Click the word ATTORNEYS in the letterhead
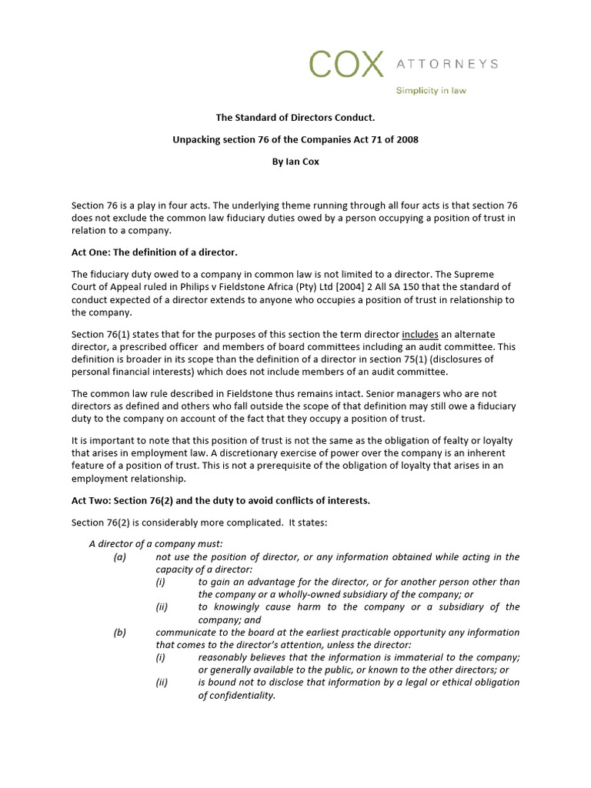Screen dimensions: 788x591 pyautogui.click(x=447, y=64)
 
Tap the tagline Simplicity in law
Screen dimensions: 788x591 pyautogui.click(x=431, y=91)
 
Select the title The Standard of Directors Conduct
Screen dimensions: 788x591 pyautogui.click(x=295, y=118)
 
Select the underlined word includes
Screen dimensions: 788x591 pyautogui.click(x=422, y=335)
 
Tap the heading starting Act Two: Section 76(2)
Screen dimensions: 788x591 pyautogui.click(x=221, y=500)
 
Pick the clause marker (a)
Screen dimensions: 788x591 pyautogui.click(x=119, y=557)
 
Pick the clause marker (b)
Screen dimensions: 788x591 pyautogui.click(x=119, y=633)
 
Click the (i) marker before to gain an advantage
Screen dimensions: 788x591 pyautogui.click(x=160, y=583)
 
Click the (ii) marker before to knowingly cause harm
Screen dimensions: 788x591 pyautogui.click(x=162, y=607)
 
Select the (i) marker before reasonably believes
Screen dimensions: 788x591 pyautogui.click(x=160, y=657)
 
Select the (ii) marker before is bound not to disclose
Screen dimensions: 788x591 pyautogui.click(x=162, y=683)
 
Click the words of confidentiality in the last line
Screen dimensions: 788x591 pyautogui.click(x=236, y=695)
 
